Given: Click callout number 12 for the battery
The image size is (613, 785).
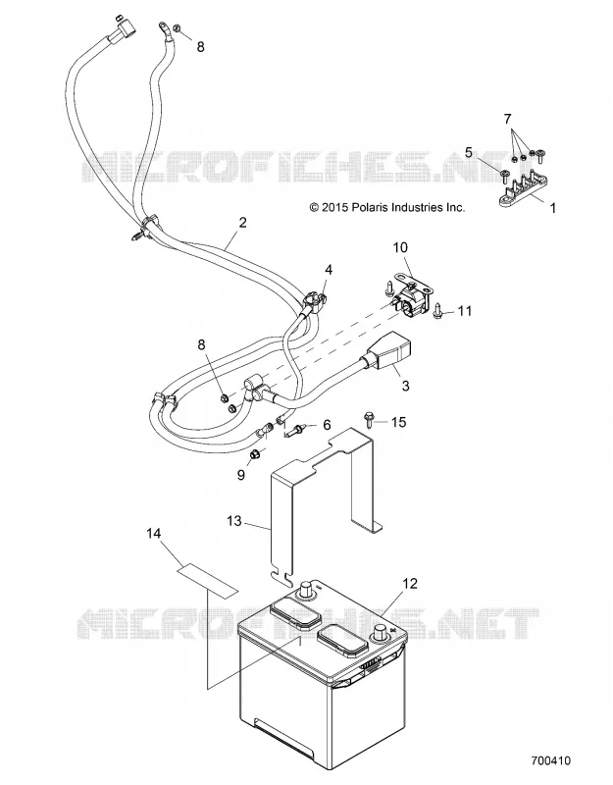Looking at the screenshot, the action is [x=410, y=583].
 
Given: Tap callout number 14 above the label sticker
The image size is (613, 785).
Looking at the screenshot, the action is [x=154, y=533].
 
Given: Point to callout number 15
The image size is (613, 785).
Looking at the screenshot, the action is [x=399, y=422].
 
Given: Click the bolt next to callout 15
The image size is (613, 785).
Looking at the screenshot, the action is [x=369, y=420].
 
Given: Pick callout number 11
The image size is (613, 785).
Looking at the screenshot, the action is [x=465, y=311].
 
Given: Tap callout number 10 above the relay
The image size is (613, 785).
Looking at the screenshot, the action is [x=400, y=247].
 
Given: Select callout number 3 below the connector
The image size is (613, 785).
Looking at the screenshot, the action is [x=406, y=386].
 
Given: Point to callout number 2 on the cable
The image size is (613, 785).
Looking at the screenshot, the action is [x=242, y=222].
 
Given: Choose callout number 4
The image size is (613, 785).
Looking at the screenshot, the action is [x=329, y=270].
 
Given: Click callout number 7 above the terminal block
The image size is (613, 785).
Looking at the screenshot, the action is [x=507, y=119].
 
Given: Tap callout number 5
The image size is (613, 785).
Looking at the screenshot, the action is [x=469, y=152].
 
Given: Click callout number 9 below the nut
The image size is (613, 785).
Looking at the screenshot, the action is [x=241, y=475].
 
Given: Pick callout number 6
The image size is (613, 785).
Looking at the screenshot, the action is [x=327, y=425].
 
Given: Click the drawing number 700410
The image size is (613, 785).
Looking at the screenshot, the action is [x=550, y=761].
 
